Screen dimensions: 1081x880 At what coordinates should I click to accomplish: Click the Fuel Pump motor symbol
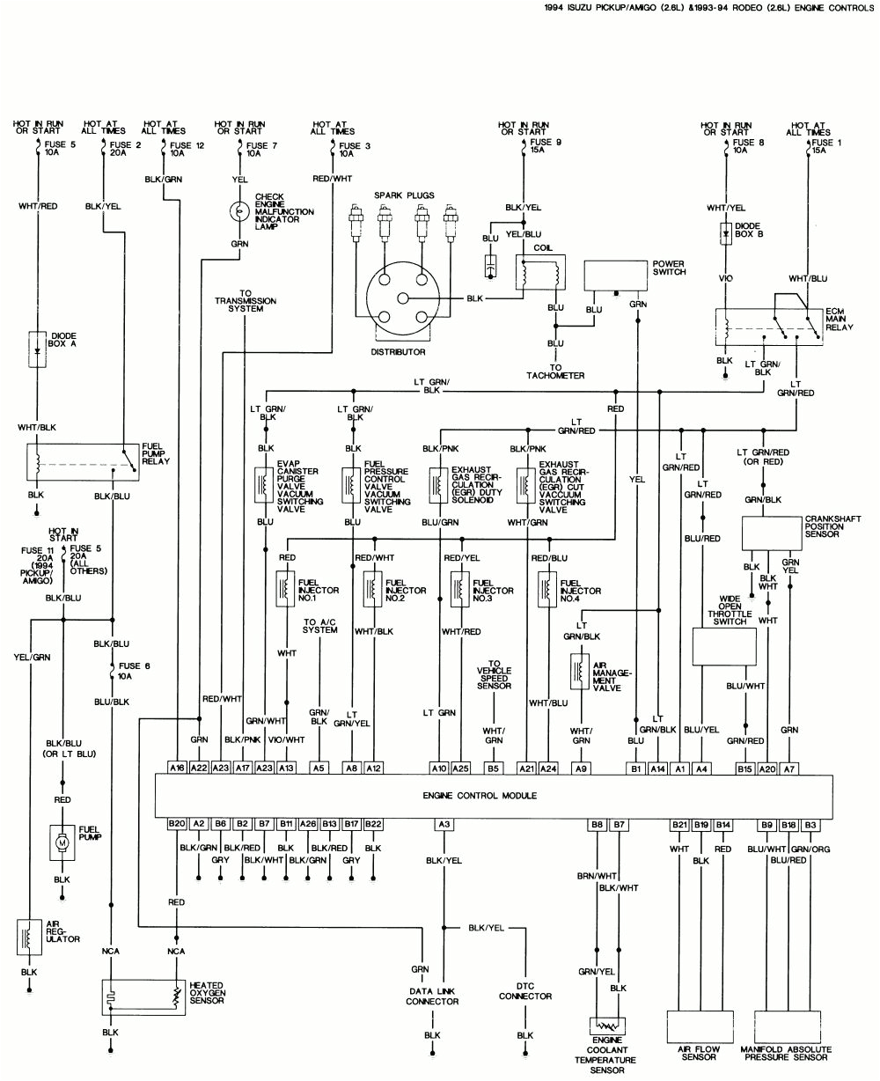coord(62,842)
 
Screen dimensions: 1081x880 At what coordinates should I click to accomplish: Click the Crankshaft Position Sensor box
coord(771,533)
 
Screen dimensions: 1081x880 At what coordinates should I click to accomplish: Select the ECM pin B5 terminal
coord(494,768)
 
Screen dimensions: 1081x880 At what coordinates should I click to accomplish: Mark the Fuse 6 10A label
coord(135,671)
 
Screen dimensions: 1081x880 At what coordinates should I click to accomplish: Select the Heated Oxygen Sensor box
coord(144,996)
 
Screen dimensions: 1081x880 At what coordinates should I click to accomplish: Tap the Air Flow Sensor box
coord(699,1026)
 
